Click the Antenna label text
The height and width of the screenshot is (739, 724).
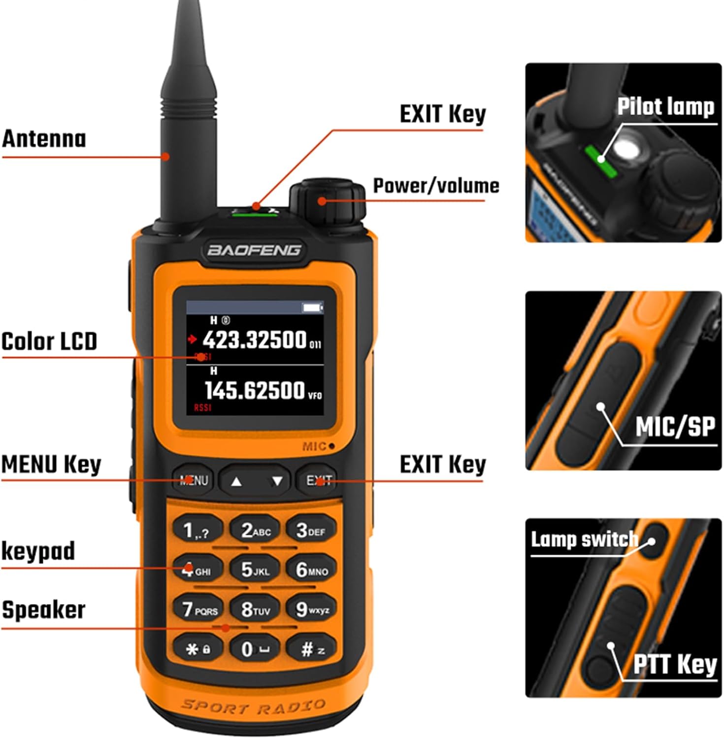tap(44, 139)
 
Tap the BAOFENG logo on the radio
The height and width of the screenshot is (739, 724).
tap(254, 250)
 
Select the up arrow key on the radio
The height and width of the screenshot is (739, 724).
tap(236, 481)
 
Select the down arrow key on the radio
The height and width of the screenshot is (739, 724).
tap(277, 481)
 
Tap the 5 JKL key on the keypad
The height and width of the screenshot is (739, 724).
tap(255, 570)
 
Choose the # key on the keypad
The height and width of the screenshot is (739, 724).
tap(312, 649)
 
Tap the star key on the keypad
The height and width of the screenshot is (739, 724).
tap(197, 649)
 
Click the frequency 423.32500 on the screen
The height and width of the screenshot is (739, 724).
tap(255, 340)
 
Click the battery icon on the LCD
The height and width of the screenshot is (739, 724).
tap(312, 307)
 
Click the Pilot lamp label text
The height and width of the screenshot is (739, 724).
tap(666, 106)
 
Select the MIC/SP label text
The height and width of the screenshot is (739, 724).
tap(675, 427)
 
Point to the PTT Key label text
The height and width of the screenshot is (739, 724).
tap(675, 664)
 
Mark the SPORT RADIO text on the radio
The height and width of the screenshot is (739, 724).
tap(254, 707)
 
